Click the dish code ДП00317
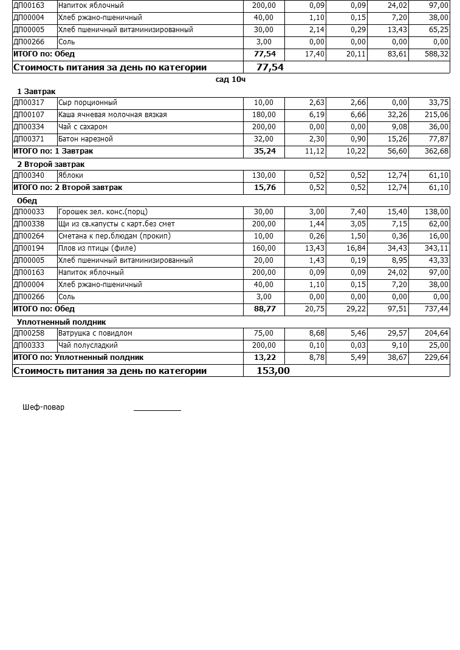[x=29, y=103]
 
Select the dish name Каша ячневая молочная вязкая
[x=112, y=115]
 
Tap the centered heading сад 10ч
[x=230, y=80]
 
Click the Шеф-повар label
[x=43, y=407]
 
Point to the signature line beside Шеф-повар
[x=157, y=410]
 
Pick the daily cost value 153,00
[x=273, y=371]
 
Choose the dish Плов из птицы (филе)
[x=97, y=248]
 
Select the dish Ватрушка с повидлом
[x=95, y=333]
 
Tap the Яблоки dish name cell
[x=71, y=175]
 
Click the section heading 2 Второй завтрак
[x=50, y=164]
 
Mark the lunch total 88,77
[x=264, y=309]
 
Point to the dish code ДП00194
[x=29, y=248]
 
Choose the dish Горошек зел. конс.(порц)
[x=103, y=212]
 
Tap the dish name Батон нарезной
[x=86, y=139]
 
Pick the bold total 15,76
[x=264, y=188]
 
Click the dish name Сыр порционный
[x=88, y=103]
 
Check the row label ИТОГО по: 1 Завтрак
[x=53, y=151]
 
